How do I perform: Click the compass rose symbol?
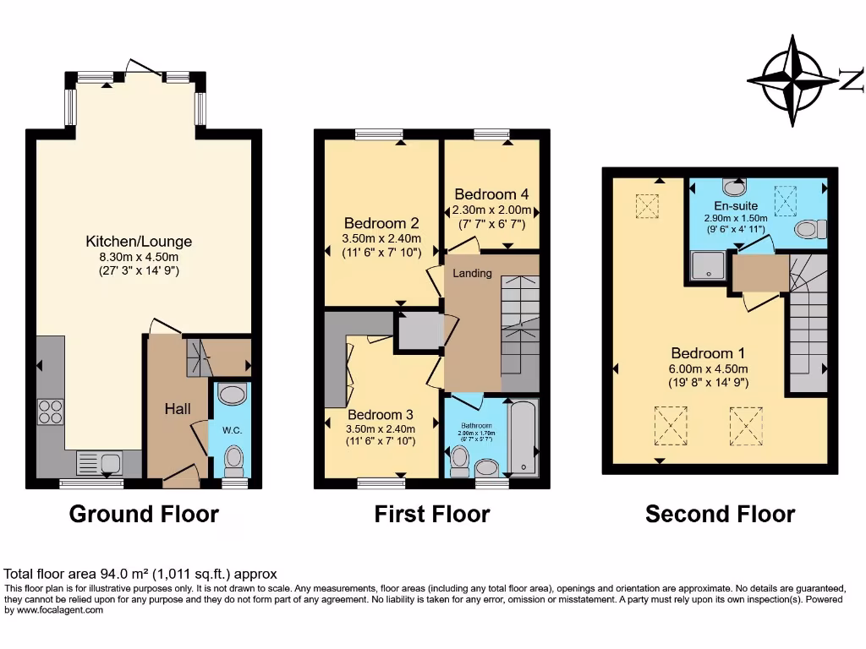(x=793, y=80)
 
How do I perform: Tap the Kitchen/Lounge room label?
(x=139, y=242)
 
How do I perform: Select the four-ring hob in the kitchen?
(x=50, y=412)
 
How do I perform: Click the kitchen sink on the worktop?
(x=99, y=462)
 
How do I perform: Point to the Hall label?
(x=177, y=409)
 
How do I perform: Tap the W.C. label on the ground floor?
(x=232, y=430)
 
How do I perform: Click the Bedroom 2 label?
(x=381, y=224)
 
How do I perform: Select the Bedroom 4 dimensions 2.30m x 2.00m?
(x=491, y=210)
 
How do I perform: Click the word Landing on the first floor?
(x=472, y=273)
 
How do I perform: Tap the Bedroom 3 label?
(x=380, y=415)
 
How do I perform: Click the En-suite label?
(x=735, y=205)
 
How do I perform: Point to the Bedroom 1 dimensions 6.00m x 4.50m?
(x=710, y=368)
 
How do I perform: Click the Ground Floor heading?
(x=144, y=513)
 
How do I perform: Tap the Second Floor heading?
(x=720, y=513)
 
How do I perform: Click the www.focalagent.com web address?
(x=54, y=610)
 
